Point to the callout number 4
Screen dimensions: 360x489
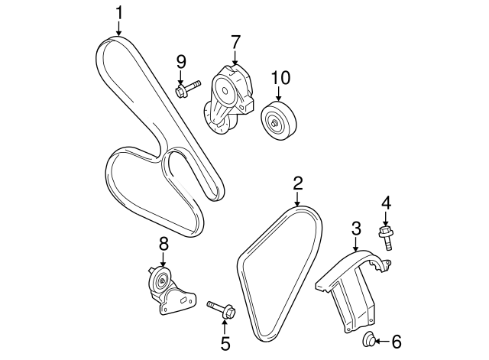pos(386,203)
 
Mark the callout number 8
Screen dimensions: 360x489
pos(163,244)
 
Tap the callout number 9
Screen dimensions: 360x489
pos(181,62)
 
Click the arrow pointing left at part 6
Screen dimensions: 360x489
pos(383,341)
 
